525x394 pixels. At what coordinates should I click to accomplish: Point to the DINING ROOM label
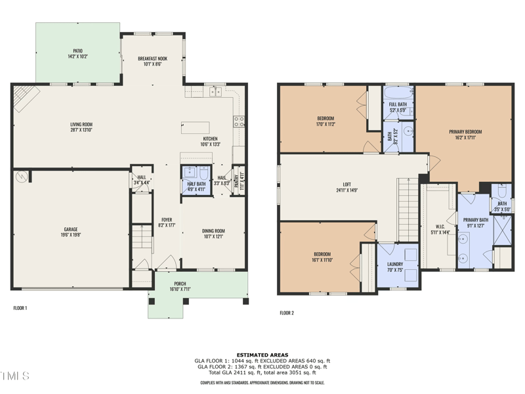coord(213,234)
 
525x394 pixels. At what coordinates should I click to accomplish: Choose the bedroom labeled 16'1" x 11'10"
coord(322,257)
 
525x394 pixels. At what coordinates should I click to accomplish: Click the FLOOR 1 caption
coord(20,307)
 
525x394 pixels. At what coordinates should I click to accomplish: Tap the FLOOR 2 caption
coord(287,313)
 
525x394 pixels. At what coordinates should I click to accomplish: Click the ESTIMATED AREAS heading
coord(262,355)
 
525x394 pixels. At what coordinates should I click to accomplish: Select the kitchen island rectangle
coord(196,127)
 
